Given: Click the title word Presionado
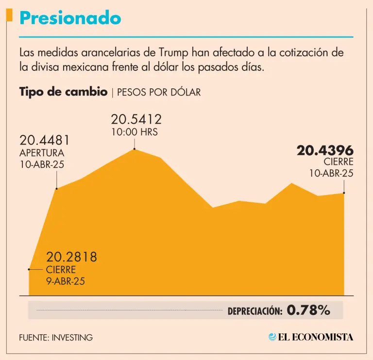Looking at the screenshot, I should (70, 18).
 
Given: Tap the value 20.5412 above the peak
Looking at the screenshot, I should (136, 119).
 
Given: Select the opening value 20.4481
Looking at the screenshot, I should (45, 141).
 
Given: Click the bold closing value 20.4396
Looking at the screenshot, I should (325, 151).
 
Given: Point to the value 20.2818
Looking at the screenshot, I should (71, 257).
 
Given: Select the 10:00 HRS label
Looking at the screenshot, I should (135, 131).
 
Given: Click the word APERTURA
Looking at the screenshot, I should (42, 153).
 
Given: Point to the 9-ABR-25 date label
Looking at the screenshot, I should (66, 280).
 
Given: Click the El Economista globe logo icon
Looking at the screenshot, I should (273, 337).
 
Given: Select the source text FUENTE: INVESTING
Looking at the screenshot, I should (56, 337).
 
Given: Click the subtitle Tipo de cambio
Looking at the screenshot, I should (64, 92).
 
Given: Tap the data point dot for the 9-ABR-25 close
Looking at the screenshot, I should (30, 268).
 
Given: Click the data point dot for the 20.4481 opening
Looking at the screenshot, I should (57, 188).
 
